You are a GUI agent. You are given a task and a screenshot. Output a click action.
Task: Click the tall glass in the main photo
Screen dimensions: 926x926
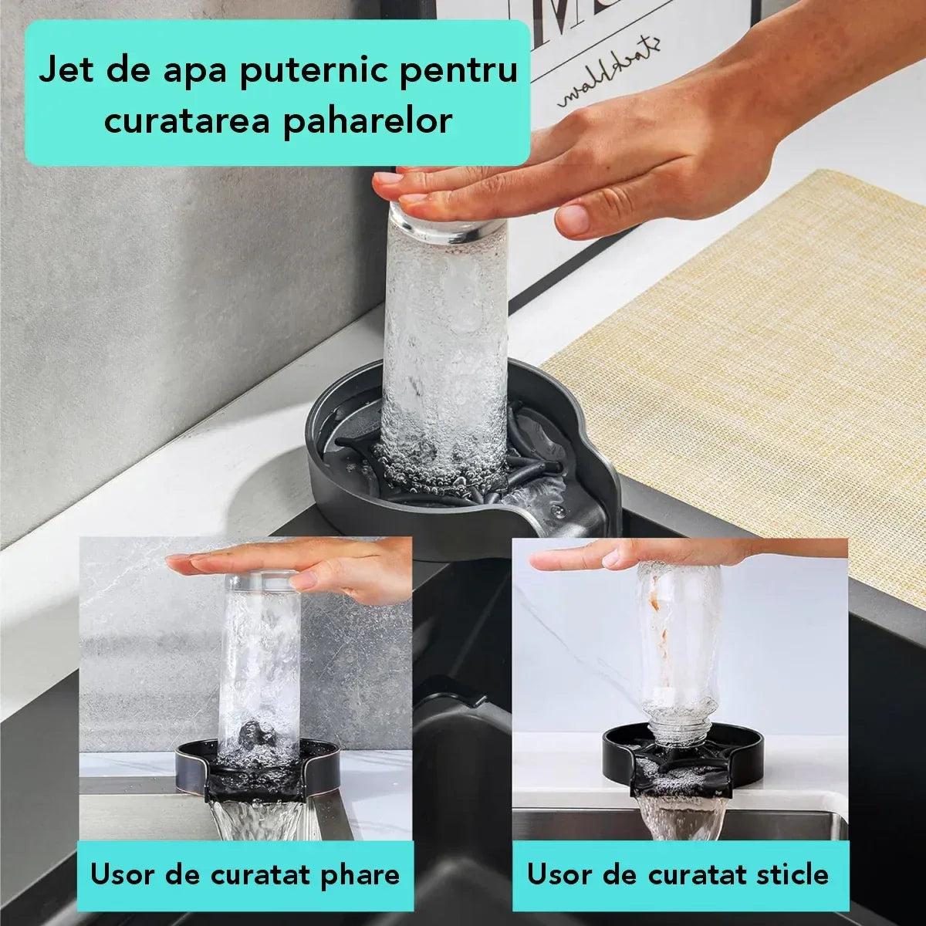tap(445, 332)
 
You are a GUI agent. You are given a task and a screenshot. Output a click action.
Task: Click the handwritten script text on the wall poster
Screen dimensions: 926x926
tap(610, 81)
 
